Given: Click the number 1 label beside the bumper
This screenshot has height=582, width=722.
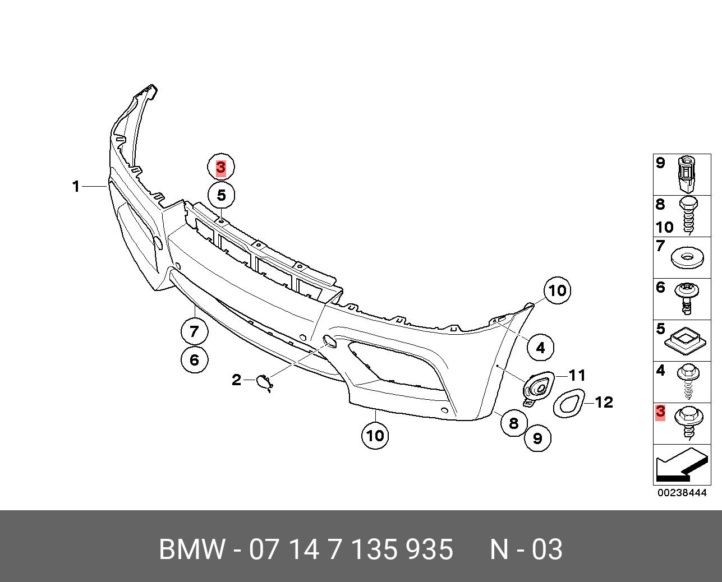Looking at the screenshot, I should click(76, 186).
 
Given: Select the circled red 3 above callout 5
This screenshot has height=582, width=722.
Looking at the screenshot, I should click(221, 167).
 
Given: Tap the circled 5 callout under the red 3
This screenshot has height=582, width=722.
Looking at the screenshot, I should click(221, 195).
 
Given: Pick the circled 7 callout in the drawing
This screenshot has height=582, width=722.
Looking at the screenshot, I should click(194, 331).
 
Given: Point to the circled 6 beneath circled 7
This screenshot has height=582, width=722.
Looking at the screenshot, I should click(194, 359).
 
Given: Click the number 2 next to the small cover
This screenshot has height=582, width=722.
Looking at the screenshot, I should click(236, 380).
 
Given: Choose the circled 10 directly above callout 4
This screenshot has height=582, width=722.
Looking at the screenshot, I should click(557, 290).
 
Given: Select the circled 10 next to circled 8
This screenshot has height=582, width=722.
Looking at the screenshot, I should click(375, 435).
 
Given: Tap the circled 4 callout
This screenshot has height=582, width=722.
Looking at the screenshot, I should click(540, 348).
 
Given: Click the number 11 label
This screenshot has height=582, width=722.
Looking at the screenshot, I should click(577, 375).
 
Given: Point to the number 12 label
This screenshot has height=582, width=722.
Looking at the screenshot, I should click(604, 402).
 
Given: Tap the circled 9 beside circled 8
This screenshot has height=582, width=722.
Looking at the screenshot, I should click(537, 438).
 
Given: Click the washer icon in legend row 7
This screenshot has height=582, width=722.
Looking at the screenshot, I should click(686, 257).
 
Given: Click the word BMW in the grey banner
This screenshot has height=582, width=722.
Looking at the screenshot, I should click(191, 549).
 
